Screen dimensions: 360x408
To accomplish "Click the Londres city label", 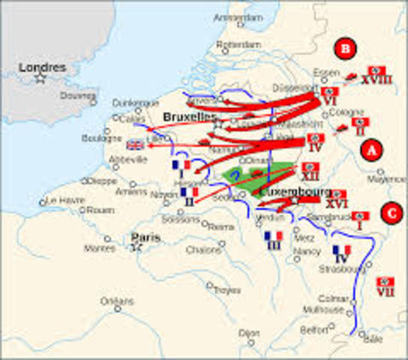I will [x=43, y=67].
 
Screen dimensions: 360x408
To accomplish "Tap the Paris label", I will [x=146, y=238].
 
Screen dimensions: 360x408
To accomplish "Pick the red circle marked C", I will [x=389, y=212].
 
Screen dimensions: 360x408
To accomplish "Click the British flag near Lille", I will [x=136, y=145].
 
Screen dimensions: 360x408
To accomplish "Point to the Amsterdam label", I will [x=238, y=17].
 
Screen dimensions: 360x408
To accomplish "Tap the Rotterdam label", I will [x=237, y=44].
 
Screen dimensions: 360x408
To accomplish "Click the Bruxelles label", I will [x=190, y=117].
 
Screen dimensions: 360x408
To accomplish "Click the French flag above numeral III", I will [x=273, y=235].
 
